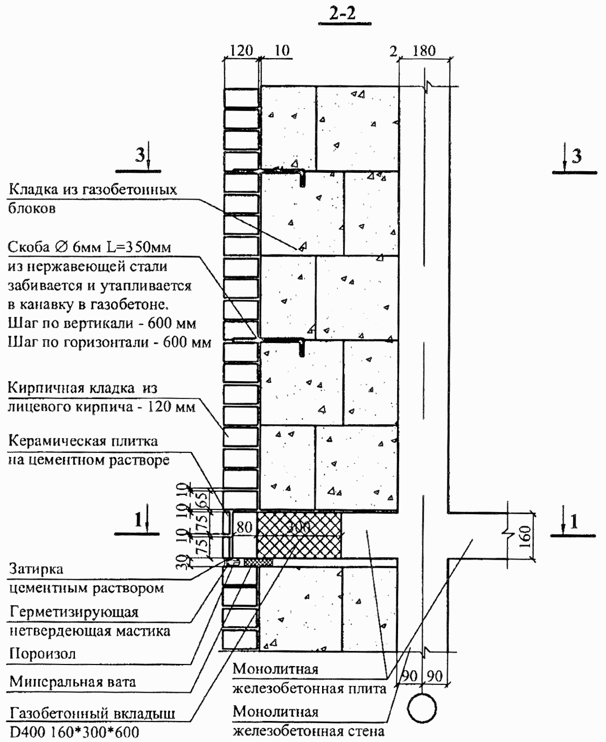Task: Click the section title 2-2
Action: [x=343, y=14]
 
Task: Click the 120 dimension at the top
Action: [x=241, y=51]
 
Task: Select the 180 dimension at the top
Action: [x=424, y=51]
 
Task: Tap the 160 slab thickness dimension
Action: [x=525, y=537]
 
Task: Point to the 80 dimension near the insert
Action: [x=244, y=527]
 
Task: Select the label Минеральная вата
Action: [x=72, y=682]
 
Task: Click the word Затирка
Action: [x=36, y=569]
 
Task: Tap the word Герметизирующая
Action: [x=74, y=612]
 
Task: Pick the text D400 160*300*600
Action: [x=74, y=732]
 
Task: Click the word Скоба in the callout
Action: [x=28, y=247]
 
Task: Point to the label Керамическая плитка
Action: [x=83, y=441]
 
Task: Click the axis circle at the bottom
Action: [x=422, y=708]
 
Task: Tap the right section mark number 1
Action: [x=574, y=521]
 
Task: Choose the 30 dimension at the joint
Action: [x=182, y=562]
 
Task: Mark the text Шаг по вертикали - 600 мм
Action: [x=102, y=323]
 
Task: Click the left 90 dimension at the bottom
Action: [x=409, y=675]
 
